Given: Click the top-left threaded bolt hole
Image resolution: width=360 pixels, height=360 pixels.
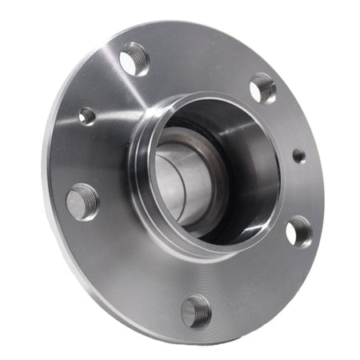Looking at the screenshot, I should point(134,60).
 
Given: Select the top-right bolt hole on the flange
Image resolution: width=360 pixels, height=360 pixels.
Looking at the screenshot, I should point(262,88).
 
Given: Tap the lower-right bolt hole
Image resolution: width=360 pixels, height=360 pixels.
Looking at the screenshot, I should point(298,231).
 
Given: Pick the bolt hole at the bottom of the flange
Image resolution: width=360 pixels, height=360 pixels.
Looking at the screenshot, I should point(196,310).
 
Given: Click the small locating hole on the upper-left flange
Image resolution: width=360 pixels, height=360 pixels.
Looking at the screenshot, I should point(87,116).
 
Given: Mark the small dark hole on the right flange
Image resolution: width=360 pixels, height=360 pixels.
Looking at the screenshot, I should point(298,155).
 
